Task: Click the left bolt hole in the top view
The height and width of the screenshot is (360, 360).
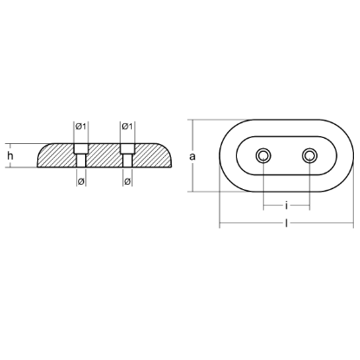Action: (x=263, y=156)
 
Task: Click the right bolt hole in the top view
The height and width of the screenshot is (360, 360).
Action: (x=310, y=156)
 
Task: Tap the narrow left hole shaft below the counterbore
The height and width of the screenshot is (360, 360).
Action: (x=80, y=162)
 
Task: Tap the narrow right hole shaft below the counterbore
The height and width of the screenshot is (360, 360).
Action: (x=127, y=162)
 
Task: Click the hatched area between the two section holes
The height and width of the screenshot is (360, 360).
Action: (x=103, y=156)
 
